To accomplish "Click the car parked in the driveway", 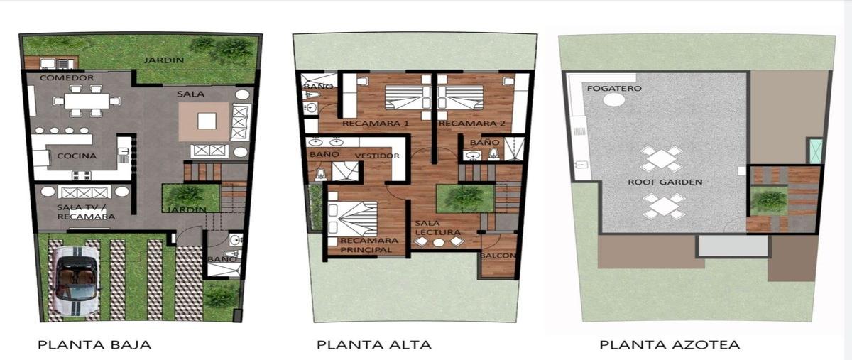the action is pyautogui.click(x=75, y=281).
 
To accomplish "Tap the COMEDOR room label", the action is pyautogui.click(x=67, y=77).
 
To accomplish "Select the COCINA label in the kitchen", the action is pyautogui.click(x=77, y=156).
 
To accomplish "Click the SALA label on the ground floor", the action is pyautogui.click(x=190, y=94).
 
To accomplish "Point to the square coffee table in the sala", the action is pyautogui.click(x=207, y=121).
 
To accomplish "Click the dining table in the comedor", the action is pyautogui.click(x=87, y=101).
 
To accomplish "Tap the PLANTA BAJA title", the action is pyautogui.click(x=94, y=345).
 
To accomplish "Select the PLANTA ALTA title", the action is pyautogui.click(x=374, y=345).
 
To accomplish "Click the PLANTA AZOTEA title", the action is pyautogui.click(x=670, y=345).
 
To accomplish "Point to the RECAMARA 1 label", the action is pyautogui.click(x=376, y=124).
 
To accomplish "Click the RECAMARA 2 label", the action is pyautogui.click(x=472, y=124).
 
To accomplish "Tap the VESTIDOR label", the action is pyautogui.click(x=377, y=156).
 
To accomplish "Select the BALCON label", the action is pyautogui.click(x=498, y=256).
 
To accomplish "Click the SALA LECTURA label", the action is pyautogui.click(x=437, y=227).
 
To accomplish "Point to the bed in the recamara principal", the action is pyautogui.click(x=352, y=219).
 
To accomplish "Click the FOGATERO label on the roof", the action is pyautogui.click(x=614, y=88).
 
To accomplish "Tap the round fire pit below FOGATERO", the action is pyautogui.click(x=613, y=99).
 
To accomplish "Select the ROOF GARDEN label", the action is pyautogui.click(x=665, y=182).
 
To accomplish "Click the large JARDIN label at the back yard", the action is pyautogui.click(x=164, y=60).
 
